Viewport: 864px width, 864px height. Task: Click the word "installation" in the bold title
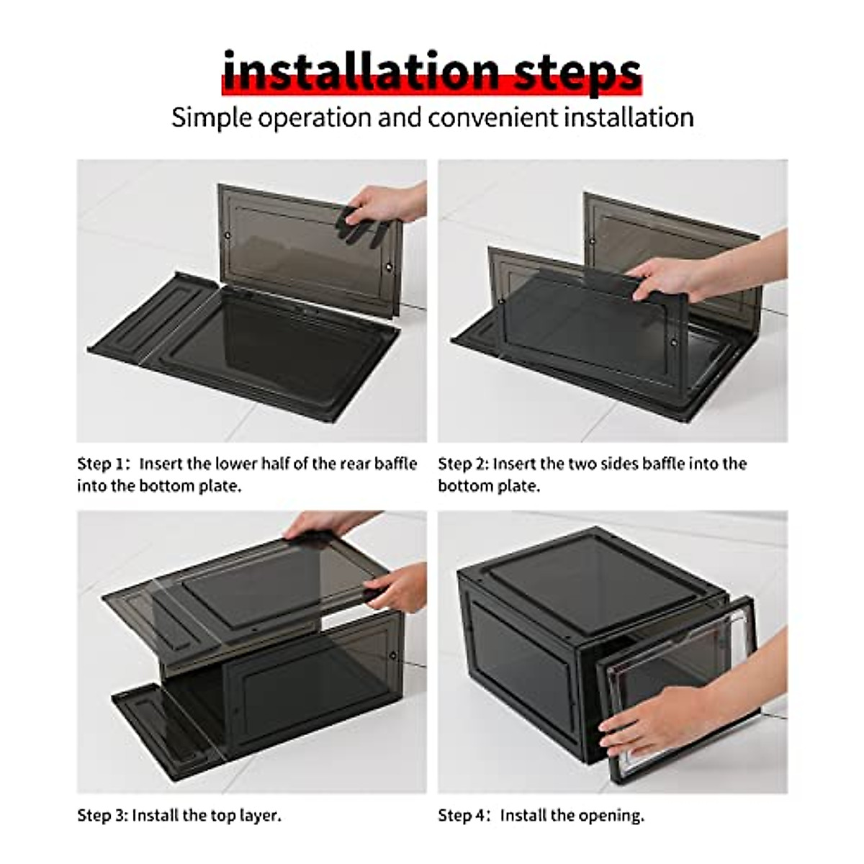[x=360, y=72]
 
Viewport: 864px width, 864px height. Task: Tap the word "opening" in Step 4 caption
[x=613, y=816]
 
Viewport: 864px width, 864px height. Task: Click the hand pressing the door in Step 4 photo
[x=644, y=724]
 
